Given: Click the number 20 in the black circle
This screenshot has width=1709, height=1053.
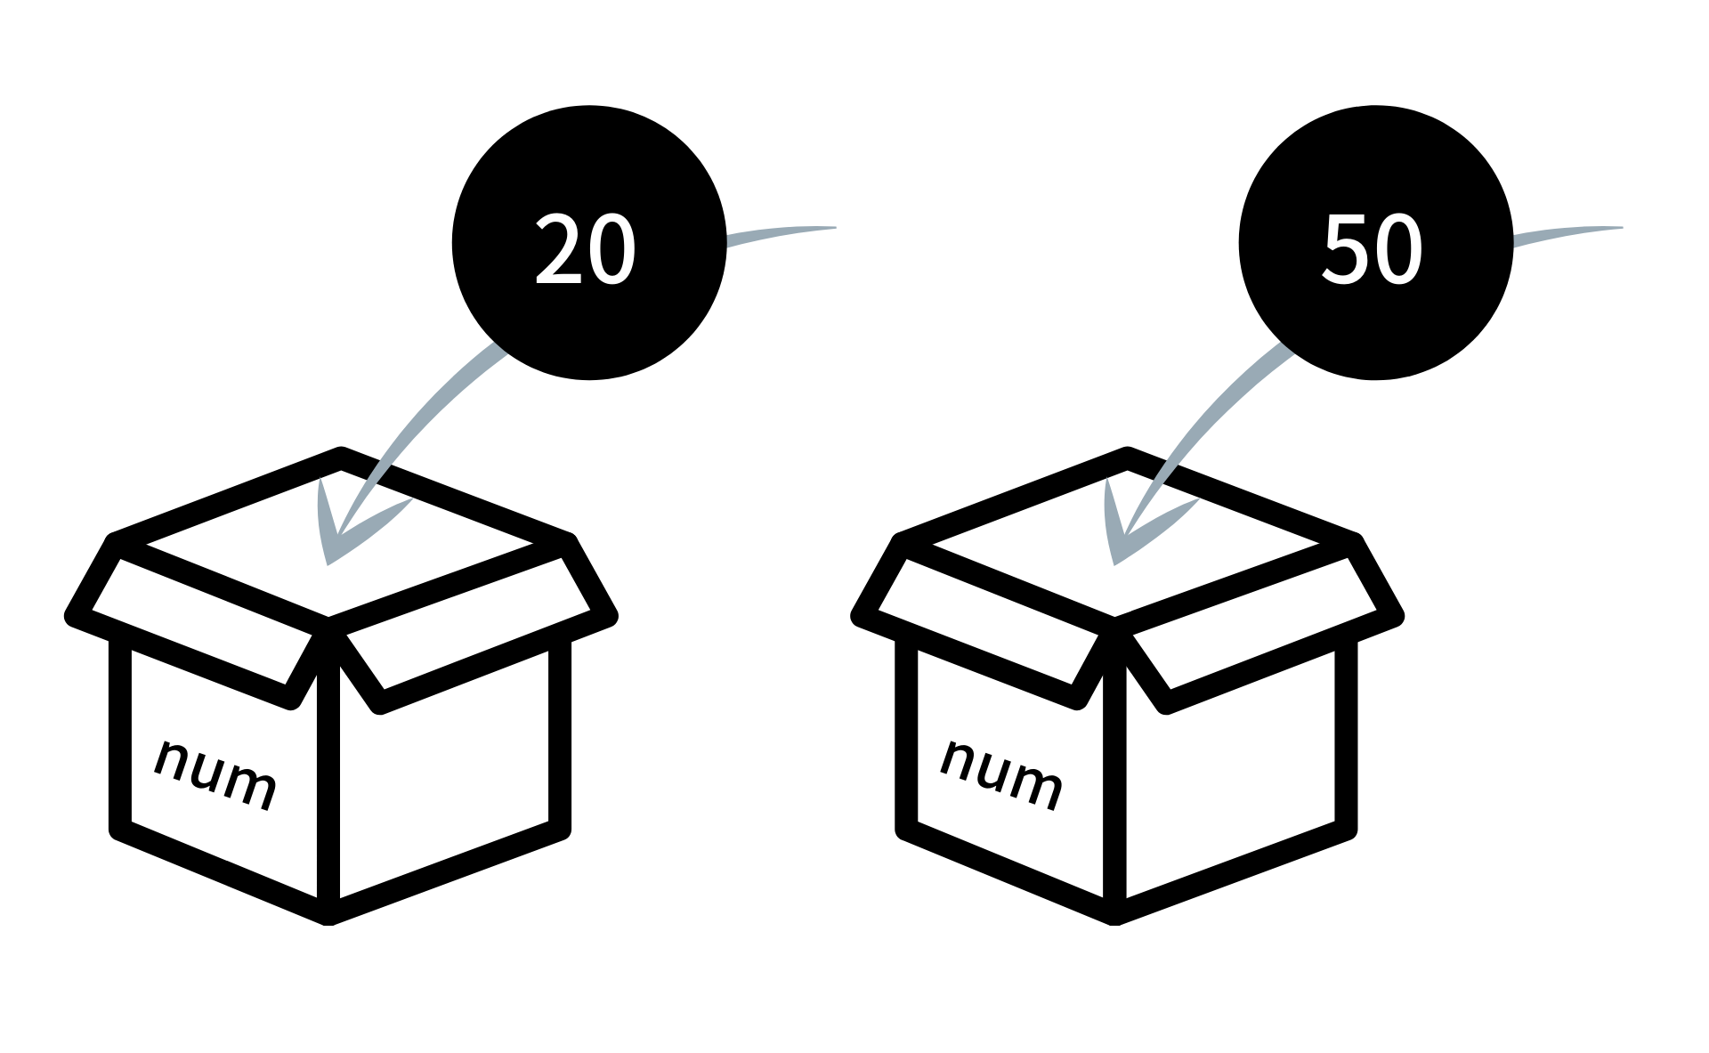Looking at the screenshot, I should click(x=586, y=249).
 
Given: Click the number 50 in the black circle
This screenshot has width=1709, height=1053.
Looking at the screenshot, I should click(x=1372, y=249).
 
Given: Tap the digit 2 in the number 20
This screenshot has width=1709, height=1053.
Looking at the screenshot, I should click(x=558, y=249).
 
